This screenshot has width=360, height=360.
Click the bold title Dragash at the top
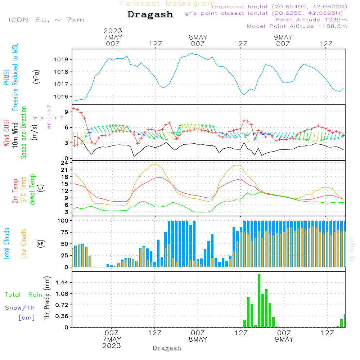click(x=150, y=14)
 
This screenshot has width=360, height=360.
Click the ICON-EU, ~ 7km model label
click(x=46, y=20)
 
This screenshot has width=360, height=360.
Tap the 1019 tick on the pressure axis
click(x=61, y=60)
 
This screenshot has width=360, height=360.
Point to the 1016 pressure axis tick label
click(x=61, y=96)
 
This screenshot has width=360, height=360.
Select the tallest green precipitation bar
click(x=259, y=301)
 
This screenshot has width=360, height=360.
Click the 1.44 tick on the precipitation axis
click(x=62, y=282)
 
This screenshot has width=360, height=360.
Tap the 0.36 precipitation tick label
click(x=62, y=316)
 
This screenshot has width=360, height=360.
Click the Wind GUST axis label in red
click(x=6, y=132)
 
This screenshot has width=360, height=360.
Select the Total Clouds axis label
click(x=6, y=244)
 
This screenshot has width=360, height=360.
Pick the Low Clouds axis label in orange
click(x=23, y=244)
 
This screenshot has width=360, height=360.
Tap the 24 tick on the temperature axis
click(x=64, y=163)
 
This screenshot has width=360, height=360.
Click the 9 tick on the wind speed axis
click(x=66, y=112)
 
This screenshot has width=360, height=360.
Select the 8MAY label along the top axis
click(x=198, y=37)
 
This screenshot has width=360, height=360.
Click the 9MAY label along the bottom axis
click(x=284, y=339)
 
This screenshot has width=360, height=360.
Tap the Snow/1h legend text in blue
click(x=20, y=308)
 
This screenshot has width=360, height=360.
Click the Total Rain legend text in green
click(x=24, y=295)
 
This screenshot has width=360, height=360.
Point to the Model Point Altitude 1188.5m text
click(x=297, y=26)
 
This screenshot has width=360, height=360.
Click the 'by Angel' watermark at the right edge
click(x=352, y=249)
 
